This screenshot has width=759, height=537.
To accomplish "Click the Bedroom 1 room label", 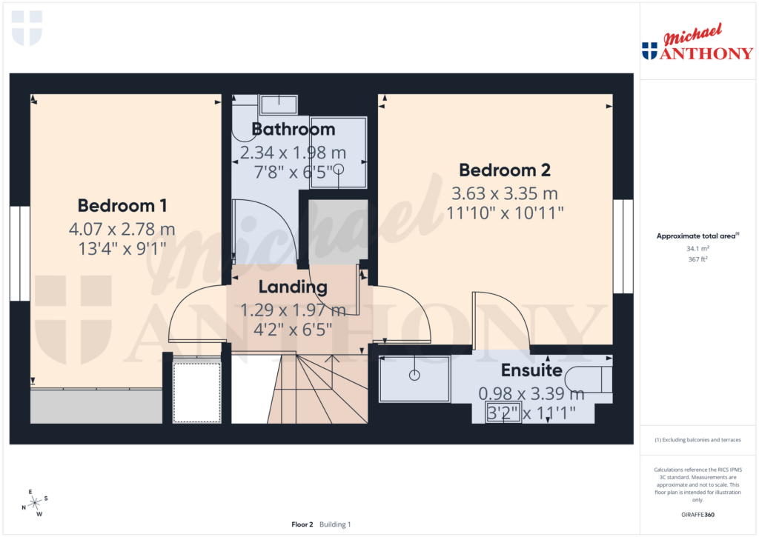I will click(122, 205).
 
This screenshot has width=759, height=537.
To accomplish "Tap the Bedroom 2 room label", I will click(504, 170).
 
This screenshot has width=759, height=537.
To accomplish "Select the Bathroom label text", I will click(294, 130).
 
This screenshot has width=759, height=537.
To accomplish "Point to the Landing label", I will click(293, 287).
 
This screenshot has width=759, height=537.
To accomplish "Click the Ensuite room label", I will click(531, 370).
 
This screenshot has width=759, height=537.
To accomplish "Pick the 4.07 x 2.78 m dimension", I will click(122, 228).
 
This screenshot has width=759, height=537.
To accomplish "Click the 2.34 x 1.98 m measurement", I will click(294, 153).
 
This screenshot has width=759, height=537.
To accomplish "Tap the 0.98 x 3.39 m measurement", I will click(531, 393).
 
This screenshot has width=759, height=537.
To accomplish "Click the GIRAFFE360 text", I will click(697, 515).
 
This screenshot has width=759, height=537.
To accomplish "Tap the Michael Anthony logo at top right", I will click(697, 44).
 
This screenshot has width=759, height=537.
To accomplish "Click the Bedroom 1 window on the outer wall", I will click(20, 253).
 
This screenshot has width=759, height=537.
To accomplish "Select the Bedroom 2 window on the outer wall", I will click(623, 246).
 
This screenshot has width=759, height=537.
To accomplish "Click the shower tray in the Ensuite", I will click(415, 378).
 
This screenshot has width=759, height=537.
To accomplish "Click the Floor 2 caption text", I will click(302, 524).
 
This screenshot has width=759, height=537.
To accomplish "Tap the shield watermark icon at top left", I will click(27, 28).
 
